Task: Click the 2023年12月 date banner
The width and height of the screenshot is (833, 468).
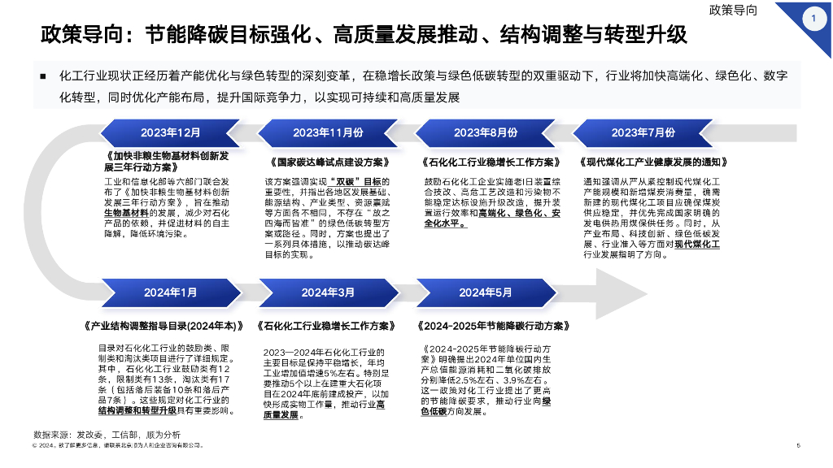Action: coord(170,132)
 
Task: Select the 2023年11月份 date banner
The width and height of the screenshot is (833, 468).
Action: coord(328,132)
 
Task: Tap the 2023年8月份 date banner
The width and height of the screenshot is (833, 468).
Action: coord(486,132)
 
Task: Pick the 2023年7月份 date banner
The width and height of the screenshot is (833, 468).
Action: coord(643,132)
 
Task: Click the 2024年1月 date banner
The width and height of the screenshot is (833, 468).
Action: coord(170,292)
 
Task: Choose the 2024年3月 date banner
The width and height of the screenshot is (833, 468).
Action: coord(328,292)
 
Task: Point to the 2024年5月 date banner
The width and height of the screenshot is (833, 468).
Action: coord(486,292)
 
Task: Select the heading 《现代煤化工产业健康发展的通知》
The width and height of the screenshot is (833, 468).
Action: coord(652,162)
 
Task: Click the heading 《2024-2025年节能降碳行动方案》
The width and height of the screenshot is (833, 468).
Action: coord(491,326)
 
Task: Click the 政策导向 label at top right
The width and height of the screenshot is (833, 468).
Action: coord(734,11)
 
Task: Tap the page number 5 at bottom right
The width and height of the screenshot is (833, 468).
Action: coord(798,445)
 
